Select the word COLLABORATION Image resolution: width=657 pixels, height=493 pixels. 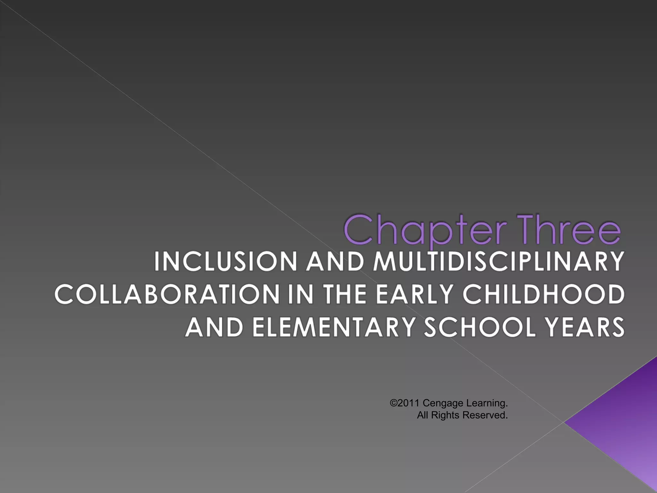[167, 295]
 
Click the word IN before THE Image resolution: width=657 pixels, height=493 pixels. [300, 295]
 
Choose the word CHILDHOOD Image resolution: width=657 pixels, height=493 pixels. [543, 295]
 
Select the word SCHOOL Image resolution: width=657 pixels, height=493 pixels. [480, 327]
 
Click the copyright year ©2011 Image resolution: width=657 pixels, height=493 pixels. [405, 403]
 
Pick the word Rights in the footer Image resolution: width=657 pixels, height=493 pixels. [445, 416]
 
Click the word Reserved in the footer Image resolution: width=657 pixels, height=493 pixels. [485, 415]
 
